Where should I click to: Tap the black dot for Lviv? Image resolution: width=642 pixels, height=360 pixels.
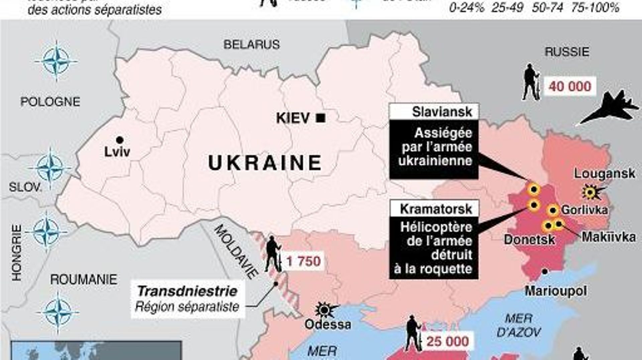pyautogui.click(x=119, y=140)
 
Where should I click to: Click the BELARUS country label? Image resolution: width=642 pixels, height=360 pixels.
pyautogui.click(x=251, y=44)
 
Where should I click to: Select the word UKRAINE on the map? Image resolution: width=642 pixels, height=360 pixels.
pyautogui.click(x=265, y=163)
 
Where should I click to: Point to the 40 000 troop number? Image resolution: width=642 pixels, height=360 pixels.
pyautogui.click(x=570, y=86)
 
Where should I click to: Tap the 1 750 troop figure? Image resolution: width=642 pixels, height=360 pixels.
pyautogui.click(x=304, y=261)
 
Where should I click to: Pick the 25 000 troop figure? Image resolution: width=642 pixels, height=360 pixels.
pyautogui.click(x=447, y=342)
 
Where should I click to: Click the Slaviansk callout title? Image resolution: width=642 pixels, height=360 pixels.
pyautogui.click(x=442, y=112)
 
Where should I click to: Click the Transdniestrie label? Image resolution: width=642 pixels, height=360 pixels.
pyautogui.click(x=187, y=291)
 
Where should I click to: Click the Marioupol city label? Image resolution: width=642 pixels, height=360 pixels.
pyautogui.click(x=556, y=291)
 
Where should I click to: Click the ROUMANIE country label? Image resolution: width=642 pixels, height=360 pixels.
pyautogui.click(x=84, y=279)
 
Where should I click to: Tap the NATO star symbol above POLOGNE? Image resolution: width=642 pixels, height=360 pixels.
pyautogui.click(x=57, y=61)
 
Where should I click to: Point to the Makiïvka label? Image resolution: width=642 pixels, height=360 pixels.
pyautogui.click(x=609, y=237)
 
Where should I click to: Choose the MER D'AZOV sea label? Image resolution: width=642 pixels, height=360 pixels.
pyautogui.click(x=519, y=325)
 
